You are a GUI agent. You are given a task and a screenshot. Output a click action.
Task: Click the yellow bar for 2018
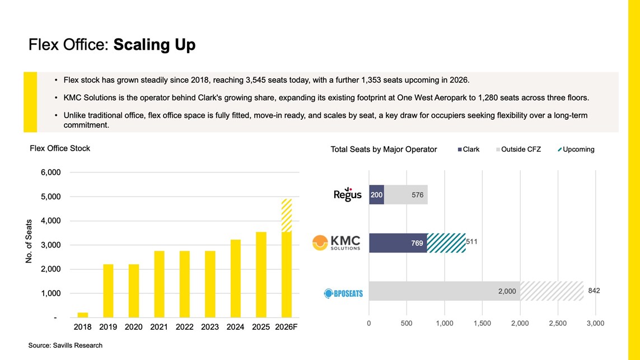[x=83, y=315]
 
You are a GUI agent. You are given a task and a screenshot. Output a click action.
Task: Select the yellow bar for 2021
[x=159, y=284]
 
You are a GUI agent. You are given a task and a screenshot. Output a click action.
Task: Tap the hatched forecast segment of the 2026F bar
[x=287, y=216]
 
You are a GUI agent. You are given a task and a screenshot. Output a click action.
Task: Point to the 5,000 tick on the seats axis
[x=50, y=197]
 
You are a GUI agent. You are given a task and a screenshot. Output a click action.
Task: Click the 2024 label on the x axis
[x=236, y=327]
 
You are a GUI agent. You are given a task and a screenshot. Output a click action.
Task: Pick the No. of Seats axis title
[x=29, y=241]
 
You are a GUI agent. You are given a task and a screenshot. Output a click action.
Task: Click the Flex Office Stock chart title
[x=60, y=148]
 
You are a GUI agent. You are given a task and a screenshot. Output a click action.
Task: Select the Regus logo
[x=347, y=194]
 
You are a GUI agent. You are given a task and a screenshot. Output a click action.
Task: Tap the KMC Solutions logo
[x=337, y=243]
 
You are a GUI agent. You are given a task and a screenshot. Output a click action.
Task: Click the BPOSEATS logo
[x=343, y=293]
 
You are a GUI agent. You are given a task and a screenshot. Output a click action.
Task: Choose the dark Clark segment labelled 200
[x=376, y=195]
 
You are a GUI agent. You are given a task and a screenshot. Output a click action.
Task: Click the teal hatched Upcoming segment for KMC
[x=446, y=243]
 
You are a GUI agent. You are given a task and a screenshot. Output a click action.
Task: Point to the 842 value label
[x=594, y=291]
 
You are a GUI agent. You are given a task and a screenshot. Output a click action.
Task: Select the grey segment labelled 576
[x=406, y=195]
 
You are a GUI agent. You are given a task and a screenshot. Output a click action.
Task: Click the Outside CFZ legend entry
[x=518, y=149]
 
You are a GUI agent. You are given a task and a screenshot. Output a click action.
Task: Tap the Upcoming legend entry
[x=576, y=149]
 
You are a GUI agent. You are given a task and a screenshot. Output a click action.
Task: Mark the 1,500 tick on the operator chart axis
[x=483, y=323]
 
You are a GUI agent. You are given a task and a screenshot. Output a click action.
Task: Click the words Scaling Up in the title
[x=155, y=45]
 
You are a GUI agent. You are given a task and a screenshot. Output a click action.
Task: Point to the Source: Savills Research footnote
[x=66, y=345]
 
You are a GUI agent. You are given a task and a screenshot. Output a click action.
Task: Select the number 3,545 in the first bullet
[x=256, y=80]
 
